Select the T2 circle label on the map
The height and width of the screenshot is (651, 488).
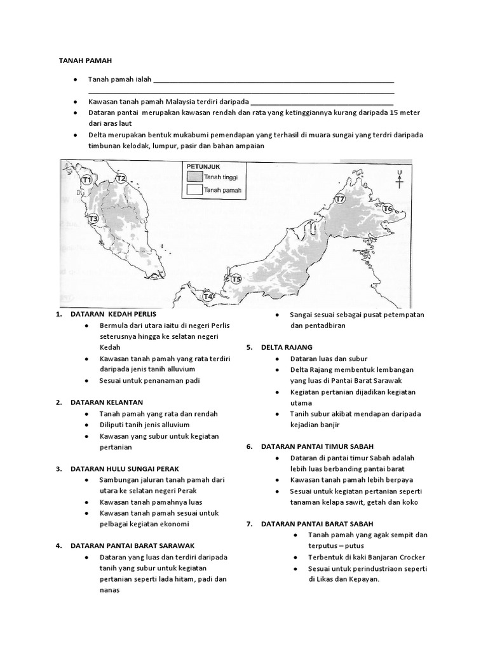coord(121,179)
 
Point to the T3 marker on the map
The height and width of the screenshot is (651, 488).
coord(93,219)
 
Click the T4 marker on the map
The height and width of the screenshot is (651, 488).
coord(207,296)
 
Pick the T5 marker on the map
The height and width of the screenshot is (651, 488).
coord(236,278)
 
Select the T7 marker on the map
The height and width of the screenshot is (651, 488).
coord(340,199)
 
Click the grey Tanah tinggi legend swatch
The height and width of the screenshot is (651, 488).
coord(194,177)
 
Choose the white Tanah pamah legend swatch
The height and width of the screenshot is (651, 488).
coord(194,189)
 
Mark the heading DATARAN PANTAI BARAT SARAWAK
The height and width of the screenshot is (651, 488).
coord(132,545)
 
